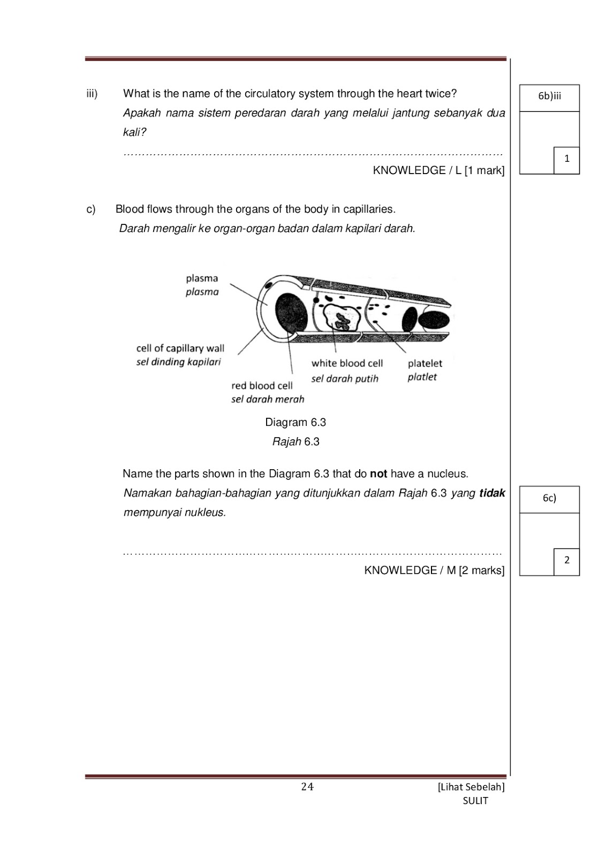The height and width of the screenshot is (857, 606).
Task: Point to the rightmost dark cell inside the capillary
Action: tap(434, 319)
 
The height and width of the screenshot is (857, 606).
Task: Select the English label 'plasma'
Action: tap(202, 278)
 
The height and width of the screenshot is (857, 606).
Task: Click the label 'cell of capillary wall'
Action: tap(180, 348)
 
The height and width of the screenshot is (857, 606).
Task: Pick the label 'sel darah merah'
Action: tap(267, 399)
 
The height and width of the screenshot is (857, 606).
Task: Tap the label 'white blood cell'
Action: tap(347, 363)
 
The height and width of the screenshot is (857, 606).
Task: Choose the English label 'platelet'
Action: tap(425, 363)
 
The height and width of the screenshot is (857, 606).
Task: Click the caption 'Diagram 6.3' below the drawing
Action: tap(296, 422)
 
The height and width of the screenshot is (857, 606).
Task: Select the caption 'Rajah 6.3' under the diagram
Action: tap(296, 441)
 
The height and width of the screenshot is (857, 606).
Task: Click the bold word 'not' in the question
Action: tap(378, 473)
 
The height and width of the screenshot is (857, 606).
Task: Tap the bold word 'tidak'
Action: tap(492, 493)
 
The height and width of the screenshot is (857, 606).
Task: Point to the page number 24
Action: tap(307, 786)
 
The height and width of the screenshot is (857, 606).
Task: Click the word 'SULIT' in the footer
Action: tap(475, 801)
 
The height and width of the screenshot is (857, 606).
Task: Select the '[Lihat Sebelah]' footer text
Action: tap(471, 787)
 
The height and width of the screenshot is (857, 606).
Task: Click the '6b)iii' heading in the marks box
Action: tap(549, 96)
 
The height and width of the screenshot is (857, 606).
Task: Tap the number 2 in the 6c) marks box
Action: tap(566, 560)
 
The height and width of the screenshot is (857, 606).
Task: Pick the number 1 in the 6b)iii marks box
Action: tap(566, 159)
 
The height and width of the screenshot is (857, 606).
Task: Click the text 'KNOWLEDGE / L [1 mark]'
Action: tap(438, 170)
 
